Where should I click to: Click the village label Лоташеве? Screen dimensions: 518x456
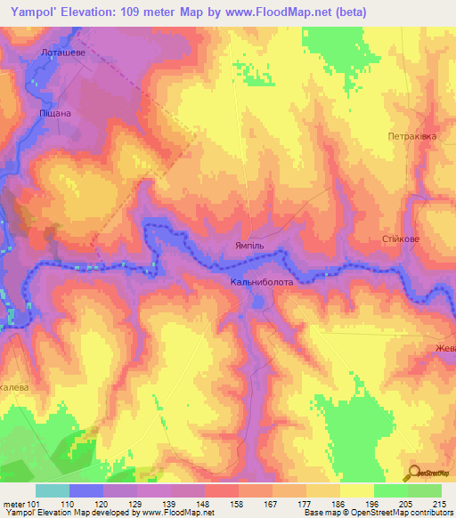61,53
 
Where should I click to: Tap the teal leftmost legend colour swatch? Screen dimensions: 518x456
53,490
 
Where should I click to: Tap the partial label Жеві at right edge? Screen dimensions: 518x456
445,348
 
